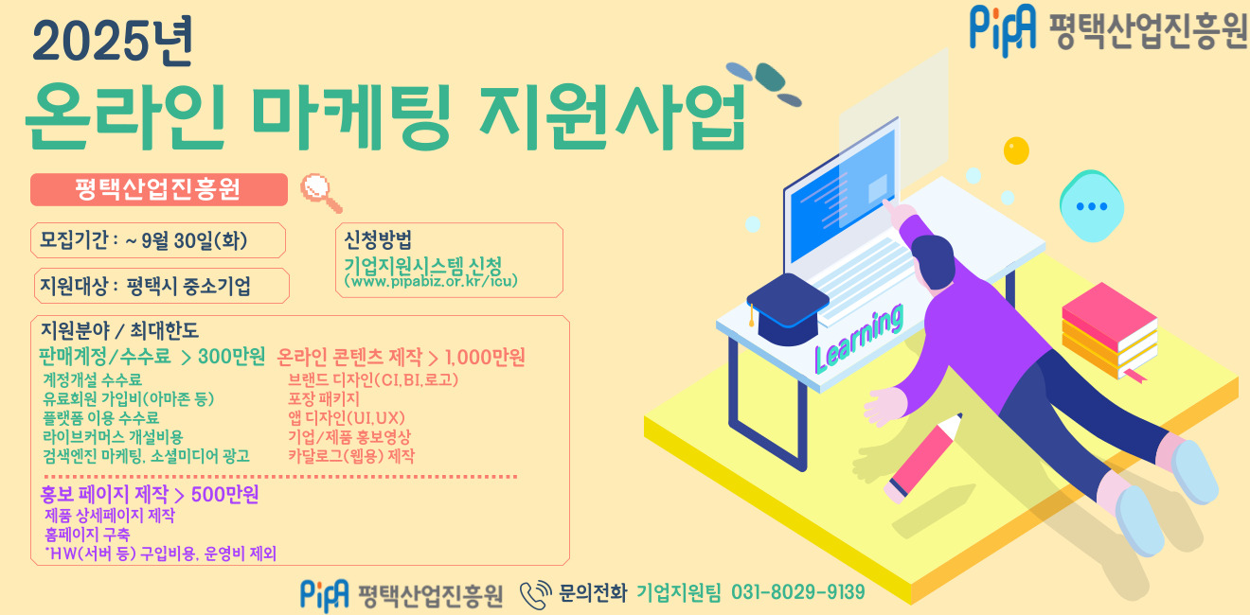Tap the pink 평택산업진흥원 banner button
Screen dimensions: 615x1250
coord(158,189)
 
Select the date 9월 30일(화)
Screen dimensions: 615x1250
coord(193,240)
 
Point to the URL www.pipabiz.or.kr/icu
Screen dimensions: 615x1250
coord(431,281)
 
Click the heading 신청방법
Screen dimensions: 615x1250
coord(378,239)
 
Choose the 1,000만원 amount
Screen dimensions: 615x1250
coord(485,357)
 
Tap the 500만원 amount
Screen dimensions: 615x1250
coord(224,495)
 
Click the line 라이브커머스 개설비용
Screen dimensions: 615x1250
coord(113,436)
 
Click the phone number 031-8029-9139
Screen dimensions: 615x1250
coord(798,592)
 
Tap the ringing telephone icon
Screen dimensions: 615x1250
coord(535,593)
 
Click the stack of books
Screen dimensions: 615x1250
coord(1109,332)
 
